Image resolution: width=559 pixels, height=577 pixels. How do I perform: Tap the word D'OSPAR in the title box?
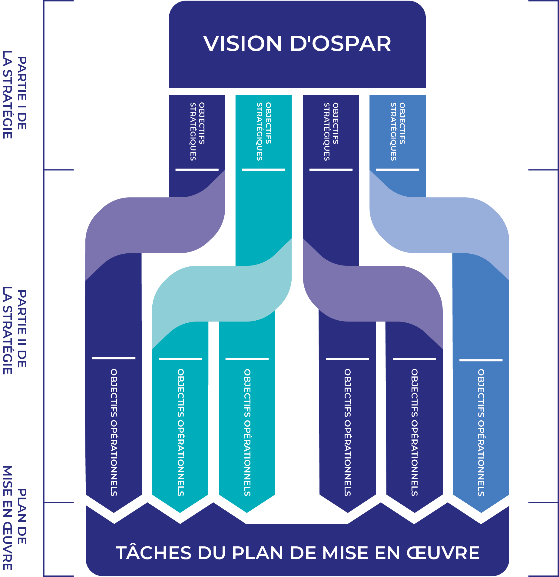click(x=340, y=44)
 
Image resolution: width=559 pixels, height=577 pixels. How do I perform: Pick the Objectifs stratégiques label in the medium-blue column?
click(x=398, y=131)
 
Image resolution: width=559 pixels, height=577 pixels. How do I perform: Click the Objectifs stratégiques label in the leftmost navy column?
click(x=197, y=131)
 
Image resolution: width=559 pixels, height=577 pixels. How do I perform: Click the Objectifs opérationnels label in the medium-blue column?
click(x=481, y=432)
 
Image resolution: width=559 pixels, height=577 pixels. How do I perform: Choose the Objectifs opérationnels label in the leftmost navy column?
click(x=114, y=432)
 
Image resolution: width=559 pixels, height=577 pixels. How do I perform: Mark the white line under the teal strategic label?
click(x=263, y=170)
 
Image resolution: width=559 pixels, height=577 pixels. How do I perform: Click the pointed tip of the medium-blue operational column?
click(x=481, y=510)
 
